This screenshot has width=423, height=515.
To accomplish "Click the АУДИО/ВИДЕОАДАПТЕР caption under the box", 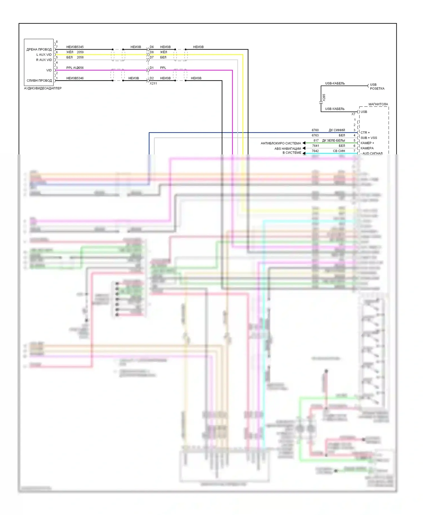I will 43,88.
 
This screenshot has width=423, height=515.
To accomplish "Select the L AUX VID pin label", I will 44,55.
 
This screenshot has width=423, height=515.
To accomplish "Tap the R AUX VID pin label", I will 44,60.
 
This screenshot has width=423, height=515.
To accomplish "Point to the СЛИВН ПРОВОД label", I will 39,81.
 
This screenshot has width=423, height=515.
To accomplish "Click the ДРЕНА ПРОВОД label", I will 39,50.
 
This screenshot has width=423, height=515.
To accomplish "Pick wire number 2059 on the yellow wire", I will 80,52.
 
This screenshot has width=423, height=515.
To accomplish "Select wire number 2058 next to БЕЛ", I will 80,57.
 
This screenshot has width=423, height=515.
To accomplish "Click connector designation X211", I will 153,83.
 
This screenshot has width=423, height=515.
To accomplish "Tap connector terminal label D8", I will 152,52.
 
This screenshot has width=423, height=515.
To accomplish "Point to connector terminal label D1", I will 152,68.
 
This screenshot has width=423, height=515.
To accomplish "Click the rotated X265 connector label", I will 324,97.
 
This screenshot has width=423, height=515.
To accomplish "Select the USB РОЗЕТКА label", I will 377,86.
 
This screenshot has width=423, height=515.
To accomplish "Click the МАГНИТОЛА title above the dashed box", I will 378,104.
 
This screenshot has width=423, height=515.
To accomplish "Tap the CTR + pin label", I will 365,132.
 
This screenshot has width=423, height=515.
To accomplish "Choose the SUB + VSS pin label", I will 369,138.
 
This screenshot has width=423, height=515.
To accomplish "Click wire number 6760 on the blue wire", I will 315,130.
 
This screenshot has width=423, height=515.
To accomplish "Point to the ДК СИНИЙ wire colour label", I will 337,130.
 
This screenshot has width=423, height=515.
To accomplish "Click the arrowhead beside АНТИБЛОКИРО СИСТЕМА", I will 304,143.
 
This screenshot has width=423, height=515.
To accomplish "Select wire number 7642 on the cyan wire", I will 315,151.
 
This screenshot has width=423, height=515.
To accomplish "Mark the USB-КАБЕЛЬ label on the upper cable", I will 335,83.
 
